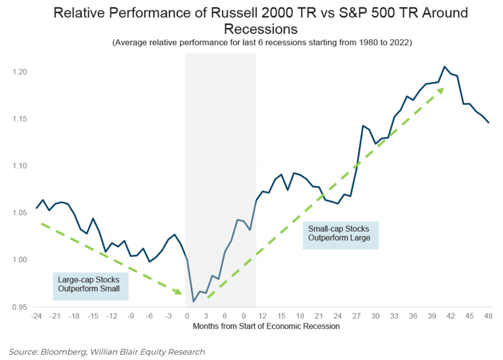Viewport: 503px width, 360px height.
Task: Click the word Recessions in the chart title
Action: (261, 28)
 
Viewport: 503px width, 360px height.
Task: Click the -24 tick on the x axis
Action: (37, 316)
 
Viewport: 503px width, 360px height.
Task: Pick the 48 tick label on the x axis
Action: (488, 316)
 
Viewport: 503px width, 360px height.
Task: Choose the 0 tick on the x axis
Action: (187, 316)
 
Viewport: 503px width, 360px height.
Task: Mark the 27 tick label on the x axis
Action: (357, 316)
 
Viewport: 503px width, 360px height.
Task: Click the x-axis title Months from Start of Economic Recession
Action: (262, 326)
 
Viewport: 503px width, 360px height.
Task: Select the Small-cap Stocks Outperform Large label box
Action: (340, 235)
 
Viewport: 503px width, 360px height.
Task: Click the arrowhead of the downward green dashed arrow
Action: (178, 292)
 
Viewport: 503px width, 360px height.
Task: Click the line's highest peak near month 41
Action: (444, 67)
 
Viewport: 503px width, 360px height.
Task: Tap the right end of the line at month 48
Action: (488, 123)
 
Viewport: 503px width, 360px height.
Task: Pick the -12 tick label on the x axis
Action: (112, 316)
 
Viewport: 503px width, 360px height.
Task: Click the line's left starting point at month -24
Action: (37, 208)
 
